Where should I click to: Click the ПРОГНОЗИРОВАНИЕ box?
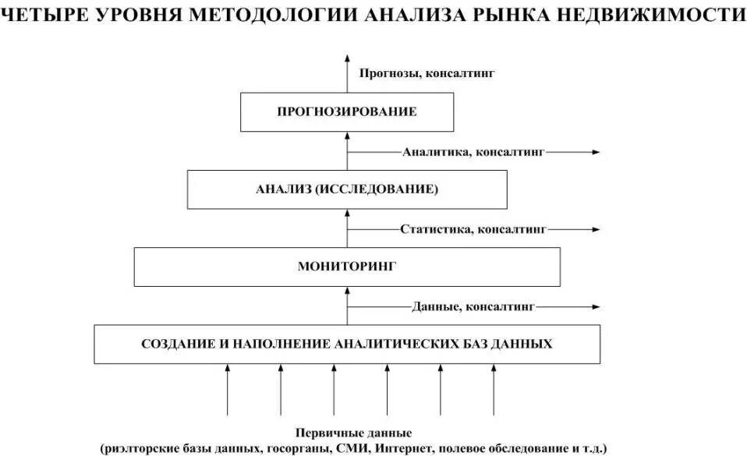[x=347, y=111]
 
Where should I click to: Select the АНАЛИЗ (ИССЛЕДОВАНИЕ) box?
[x=347, y=189]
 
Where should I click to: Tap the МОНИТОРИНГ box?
[x=347, y=267]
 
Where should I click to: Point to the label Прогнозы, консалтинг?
[x=427, y=73]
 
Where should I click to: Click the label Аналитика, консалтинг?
[x=473, y=152]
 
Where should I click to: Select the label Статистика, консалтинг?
[x=473, y=229]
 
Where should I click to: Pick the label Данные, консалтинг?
[x=473, y=306]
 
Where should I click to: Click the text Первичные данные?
[x=353, y=433]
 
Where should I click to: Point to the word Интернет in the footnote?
[x=406, y=447]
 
